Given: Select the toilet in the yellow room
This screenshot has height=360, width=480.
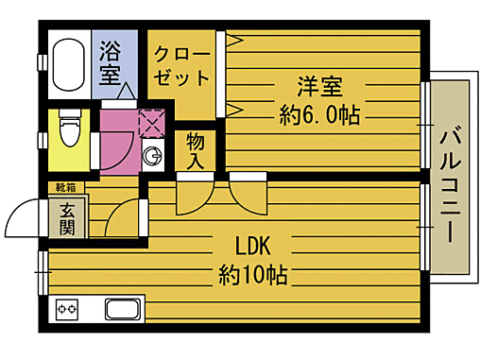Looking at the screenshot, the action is (x=69, y=122).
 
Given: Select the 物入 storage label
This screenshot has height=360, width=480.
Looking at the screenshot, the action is (x=196, y=152).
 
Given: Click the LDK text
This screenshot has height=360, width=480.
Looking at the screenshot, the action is (x=253, y=248).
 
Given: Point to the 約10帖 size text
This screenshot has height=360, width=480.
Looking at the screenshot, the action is (x=253, y=275).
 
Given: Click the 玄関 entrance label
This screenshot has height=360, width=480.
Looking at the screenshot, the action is (x=69, y=219).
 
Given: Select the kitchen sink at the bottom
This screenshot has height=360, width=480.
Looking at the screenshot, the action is (x=123, y=309).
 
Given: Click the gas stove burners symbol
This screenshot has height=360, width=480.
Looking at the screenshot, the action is (x=68, y=309).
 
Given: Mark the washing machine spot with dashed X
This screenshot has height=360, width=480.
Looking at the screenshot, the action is (x=149, y=124).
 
